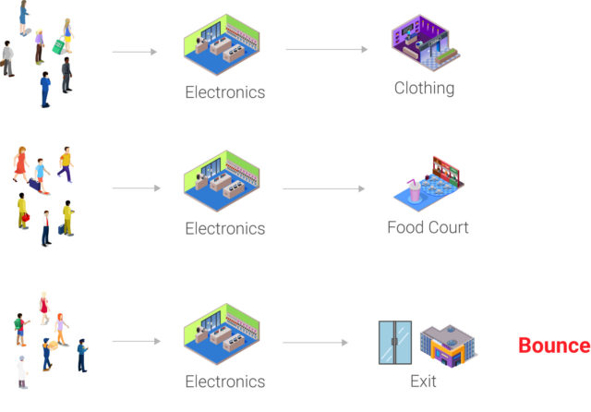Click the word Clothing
pyautogui.click(x=424, y=89)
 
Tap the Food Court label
pyautogui.click(x=428, y=227)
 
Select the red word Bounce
pyautogui.click(x=553, y=346)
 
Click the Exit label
pyautogui.click(x=422, y=381)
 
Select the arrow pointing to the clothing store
pyautogui.click(x=324, y=49)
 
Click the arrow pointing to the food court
pyautogui.click(x=324, y=189)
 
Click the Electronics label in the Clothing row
pyautogui.click(x=224, y=92)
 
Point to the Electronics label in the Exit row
pyautogui.click(x=224, y=382)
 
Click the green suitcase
pyautogui.click(x=58, y=44)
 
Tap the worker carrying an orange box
pyautogui.click(x=49, y=354)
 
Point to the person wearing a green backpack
pyautogui.click(x=20, y=328)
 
